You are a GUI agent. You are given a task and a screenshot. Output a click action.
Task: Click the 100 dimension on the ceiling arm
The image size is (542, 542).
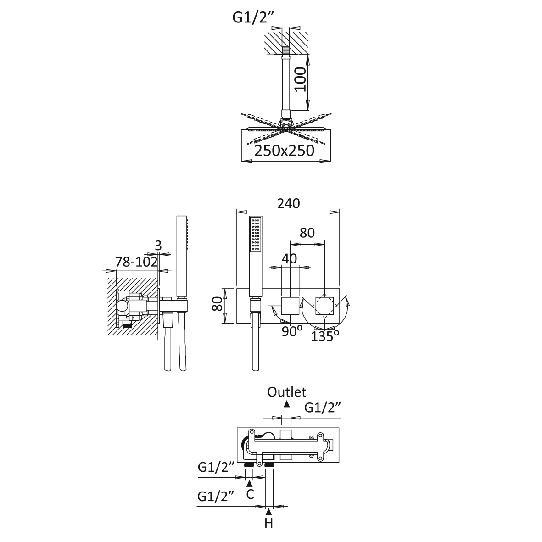(301, 79)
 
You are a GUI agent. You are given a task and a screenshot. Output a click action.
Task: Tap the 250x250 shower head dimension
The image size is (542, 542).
(284, 151)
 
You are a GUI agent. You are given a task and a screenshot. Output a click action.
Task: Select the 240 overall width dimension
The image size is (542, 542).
(288, 204)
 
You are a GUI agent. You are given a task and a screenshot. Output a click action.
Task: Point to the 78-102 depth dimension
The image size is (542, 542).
(136, 262)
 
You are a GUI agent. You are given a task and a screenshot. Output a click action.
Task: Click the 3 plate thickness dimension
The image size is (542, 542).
(158, 246)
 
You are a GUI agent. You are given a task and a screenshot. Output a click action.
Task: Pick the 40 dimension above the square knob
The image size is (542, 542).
(289, 258)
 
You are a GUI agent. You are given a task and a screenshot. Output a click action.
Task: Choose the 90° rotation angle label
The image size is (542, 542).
(292, 331)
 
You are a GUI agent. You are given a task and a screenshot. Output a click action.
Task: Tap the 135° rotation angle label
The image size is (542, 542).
(324, 336)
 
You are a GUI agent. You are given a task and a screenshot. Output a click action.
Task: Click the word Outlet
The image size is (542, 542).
(286, 392)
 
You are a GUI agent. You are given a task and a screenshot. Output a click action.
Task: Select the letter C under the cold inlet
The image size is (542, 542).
(250, 494)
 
